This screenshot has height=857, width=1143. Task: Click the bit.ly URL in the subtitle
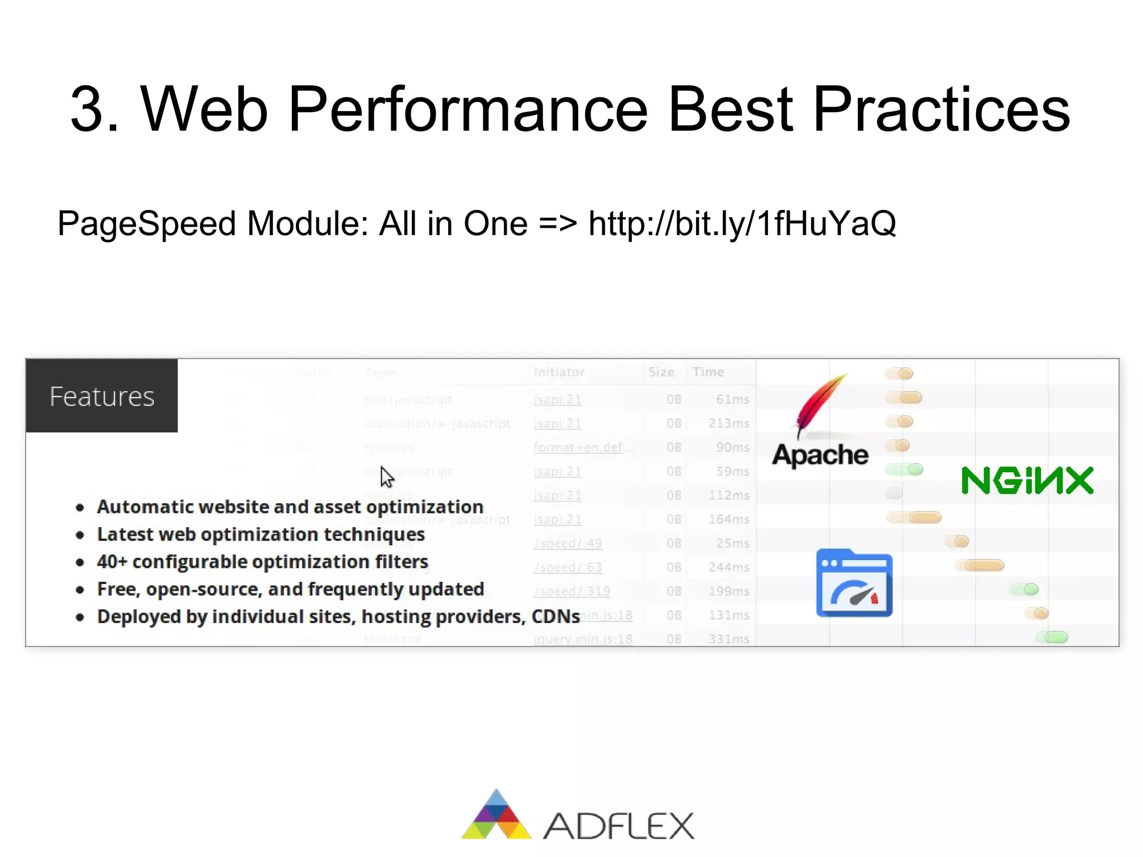click(742, 224)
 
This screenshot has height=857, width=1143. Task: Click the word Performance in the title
click(468, 109)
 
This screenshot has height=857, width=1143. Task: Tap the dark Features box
click(102, 396)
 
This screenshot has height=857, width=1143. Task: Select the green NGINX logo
click(1027, 481)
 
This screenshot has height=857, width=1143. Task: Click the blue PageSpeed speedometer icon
click(854, 583)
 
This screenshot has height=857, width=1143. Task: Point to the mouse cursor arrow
click(386, 477)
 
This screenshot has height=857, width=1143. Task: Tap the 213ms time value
click(728, 423)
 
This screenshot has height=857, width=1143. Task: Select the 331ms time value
click(728, 639)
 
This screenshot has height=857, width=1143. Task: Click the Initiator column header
click(559, 372)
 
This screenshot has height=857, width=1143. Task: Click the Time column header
click(708, 372)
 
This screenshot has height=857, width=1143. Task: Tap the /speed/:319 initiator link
click(571, 591)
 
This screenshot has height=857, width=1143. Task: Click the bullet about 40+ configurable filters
click(262, 562)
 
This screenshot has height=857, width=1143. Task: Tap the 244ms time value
click(728, 567)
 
